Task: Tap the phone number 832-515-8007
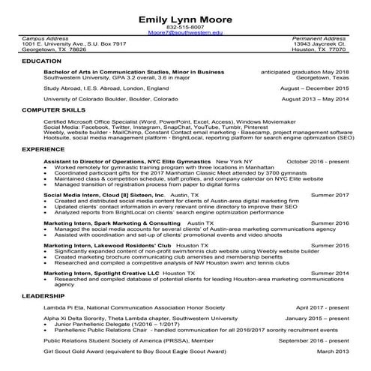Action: [185, 28]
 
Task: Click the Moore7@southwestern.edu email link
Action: [185, 34]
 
